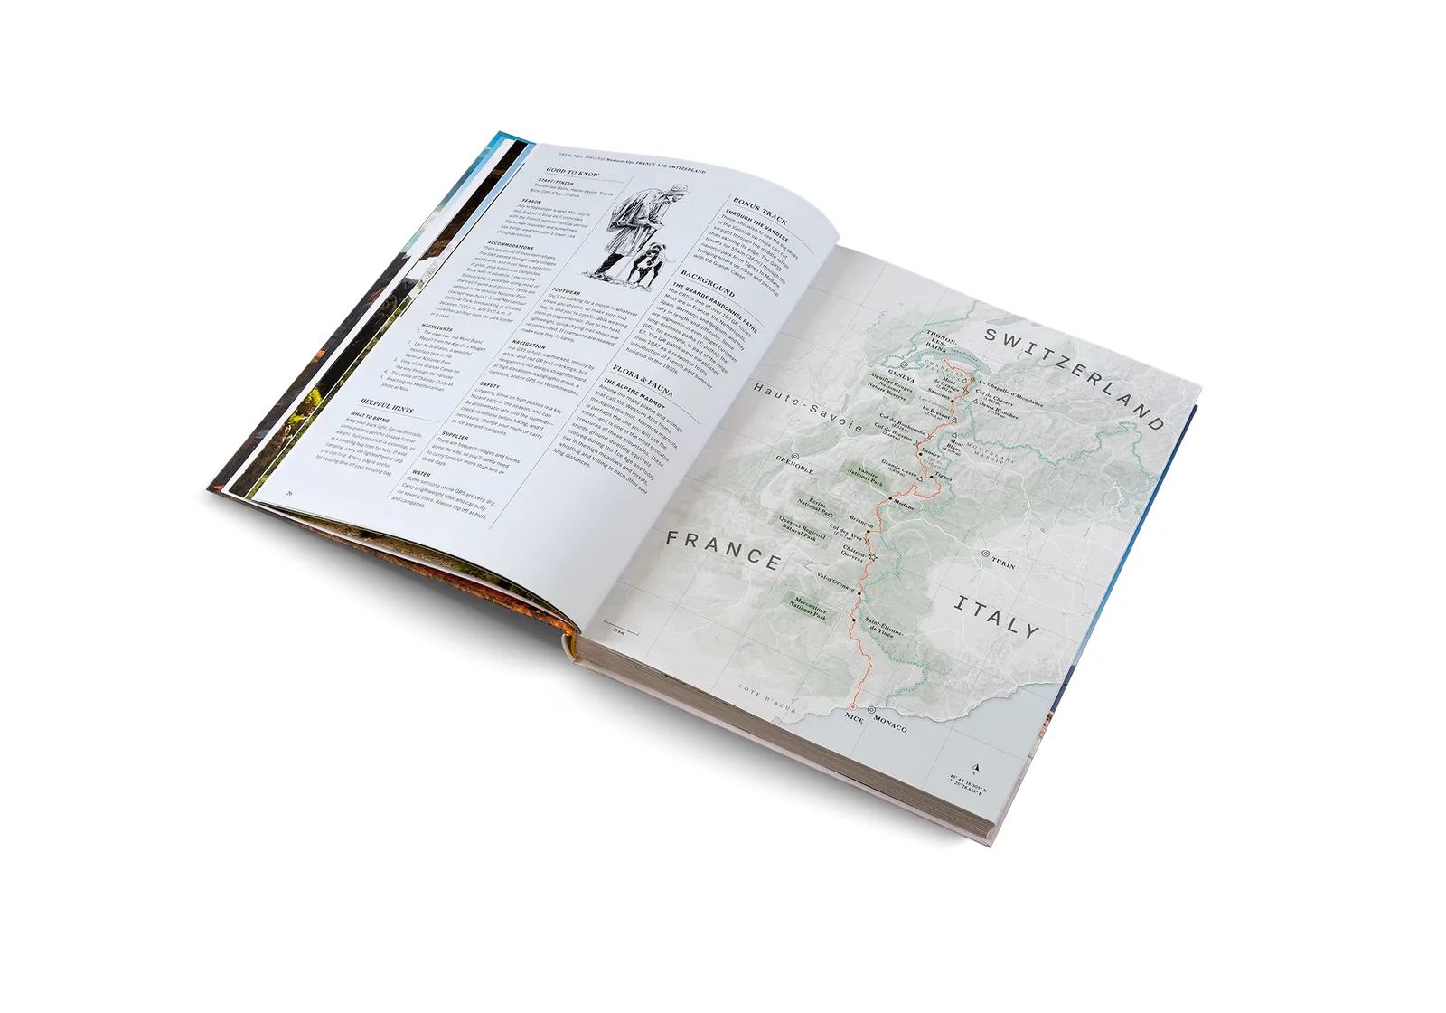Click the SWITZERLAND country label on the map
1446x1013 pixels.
[x=1074, y=377]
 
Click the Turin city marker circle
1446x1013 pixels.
[x=986, y=553]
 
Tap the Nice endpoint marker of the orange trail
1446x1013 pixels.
[x=851, y=706]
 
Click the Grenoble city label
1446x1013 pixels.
[x=795, y=465]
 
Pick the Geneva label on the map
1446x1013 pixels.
[x=901, y=375]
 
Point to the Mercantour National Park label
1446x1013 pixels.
[x=807, y=608]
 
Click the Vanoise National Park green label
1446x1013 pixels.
[x=866, y=477]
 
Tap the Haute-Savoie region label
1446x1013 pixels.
[x=808, y=408]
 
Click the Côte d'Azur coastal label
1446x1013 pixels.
[x=767, y=698]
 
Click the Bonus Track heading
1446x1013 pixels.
[x=760, y=211]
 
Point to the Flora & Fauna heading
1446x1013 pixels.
[x=643, y=381]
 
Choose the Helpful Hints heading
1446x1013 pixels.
[x=387, y=405]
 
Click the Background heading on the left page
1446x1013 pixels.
[x=708, y=283]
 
